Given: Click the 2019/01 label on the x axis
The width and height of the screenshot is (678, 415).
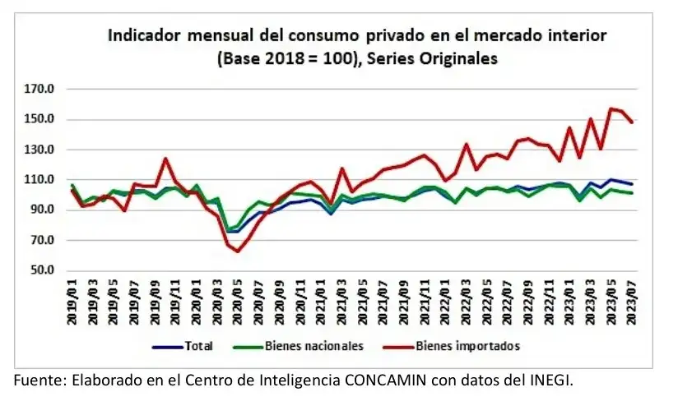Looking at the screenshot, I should pyautogui.click(x=72, y=303).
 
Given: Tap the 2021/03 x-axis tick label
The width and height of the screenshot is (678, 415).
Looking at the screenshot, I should pyautogui.click(x=341, y=303).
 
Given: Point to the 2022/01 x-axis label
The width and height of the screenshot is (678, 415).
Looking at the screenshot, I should pyautogui.click(x=445, y=303).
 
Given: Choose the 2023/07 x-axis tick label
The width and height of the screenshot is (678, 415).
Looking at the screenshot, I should pyautogui.click(x=631, y=303).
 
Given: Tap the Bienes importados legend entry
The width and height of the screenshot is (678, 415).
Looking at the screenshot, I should pyautogui.click(x=468, y=347).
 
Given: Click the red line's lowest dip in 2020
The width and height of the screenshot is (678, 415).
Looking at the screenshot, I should pyautogui.click(x=238, y=251).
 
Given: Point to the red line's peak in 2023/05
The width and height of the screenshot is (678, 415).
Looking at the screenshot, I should pyautogui.click(x=611, y=108).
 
